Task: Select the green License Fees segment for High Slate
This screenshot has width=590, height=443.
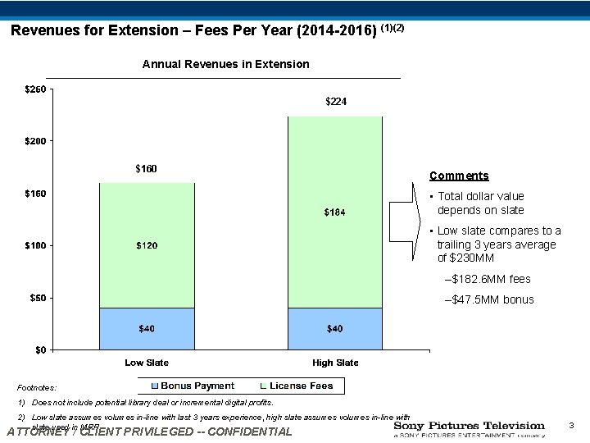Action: coord(335,180)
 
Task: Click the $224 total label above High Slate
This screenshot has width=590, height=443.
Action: coord(336,102)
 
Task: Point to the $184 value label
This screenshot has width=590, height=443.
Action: coord(335,212)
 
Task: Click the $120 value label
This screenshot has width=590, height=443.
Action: coord(147,245)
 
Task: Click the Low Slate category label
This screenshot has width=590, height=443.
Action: coord(147,363)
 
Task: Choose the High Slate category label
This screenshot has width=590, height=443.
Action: coord(335,363)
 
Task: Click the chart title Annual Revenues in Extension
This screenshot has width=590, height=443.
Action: coord(226,64)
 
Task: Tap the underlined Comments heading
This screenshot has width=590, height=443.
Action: coord(459,176)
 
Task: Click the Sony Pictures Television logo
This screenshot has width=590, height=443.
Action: coord(469,430)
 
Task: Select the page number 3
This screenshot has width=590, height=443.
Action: coord(571,426)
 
